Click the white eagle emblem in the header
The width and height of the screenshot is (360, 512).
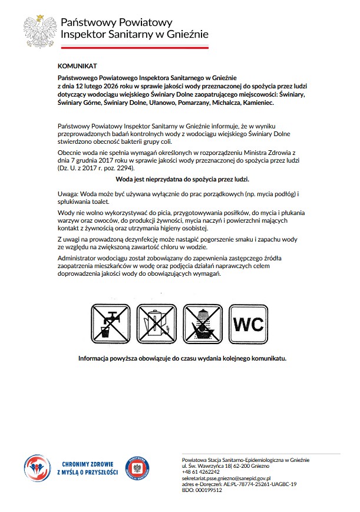tap(39, 30)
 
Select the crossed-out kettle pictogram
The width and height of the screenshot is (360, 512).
tap(157, 324)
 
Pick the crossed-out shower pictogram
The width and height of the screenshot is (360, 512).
tap(204, 324)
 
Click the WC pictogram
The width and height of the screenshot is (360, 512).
tap(250, 324)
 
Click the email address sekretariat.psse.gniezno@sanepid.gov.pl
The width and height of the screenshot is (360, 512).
tap(226, 478)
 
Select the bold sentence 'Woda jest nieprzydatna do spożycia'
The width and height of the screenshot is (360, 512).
tap(182, 179)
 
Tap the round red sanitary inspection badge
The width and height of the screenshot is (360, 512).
tap(137, 468)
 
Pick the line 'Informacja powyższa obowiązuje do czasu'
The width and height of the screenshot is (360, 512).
tap(182, 358)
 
